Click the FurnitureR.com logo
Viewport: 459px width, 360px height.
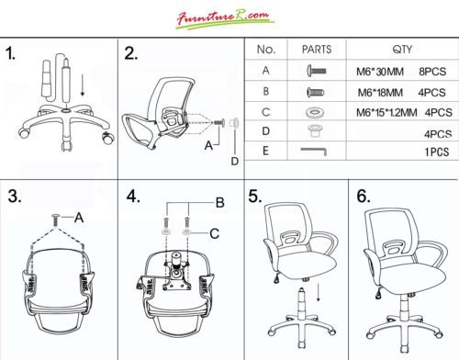pos(225,19)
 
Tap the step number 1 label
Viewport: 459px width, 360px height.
pos(11,53)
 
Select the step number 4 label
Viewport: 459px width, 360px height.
pos(133,197)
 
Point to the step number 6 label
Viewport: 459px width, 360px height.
pos(364,196)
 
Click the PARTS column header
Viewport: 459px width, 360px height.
pos(317,50)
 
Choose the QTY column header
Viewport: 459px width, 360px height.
pos(402,50)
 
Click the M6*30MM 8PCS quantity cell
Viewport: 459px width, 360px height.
pos(401,72)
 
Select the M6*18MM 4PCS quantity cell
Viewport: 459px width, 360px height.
pos(401,93)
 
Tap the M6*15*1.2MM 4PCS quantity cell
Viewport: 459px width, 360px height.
pos(404,113)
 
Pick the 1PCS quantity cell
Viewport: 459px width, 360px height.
pos(437,152)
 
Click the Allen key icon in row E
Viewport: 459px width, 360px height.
pos(314,151)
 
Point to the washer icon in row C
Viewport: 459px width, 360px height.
pos(314,113)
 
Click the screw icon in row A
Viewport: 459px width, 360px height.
pos(317,72)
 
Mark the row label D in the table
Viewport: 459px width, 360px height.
pos(266,131)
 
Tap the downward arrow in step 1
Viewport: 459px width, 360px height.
pos(83,84)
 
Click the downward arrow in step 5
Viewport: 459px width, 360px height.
pos(319,292)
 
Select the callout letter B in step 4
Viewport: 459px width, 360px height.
pos(220,203)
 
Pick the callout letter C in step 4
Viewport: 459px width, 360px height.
pos(215,234)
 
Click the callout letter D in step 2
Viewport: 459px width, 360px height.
pos(235,162)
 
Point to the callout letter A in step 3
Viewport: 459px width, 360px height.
pos(79,218)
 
